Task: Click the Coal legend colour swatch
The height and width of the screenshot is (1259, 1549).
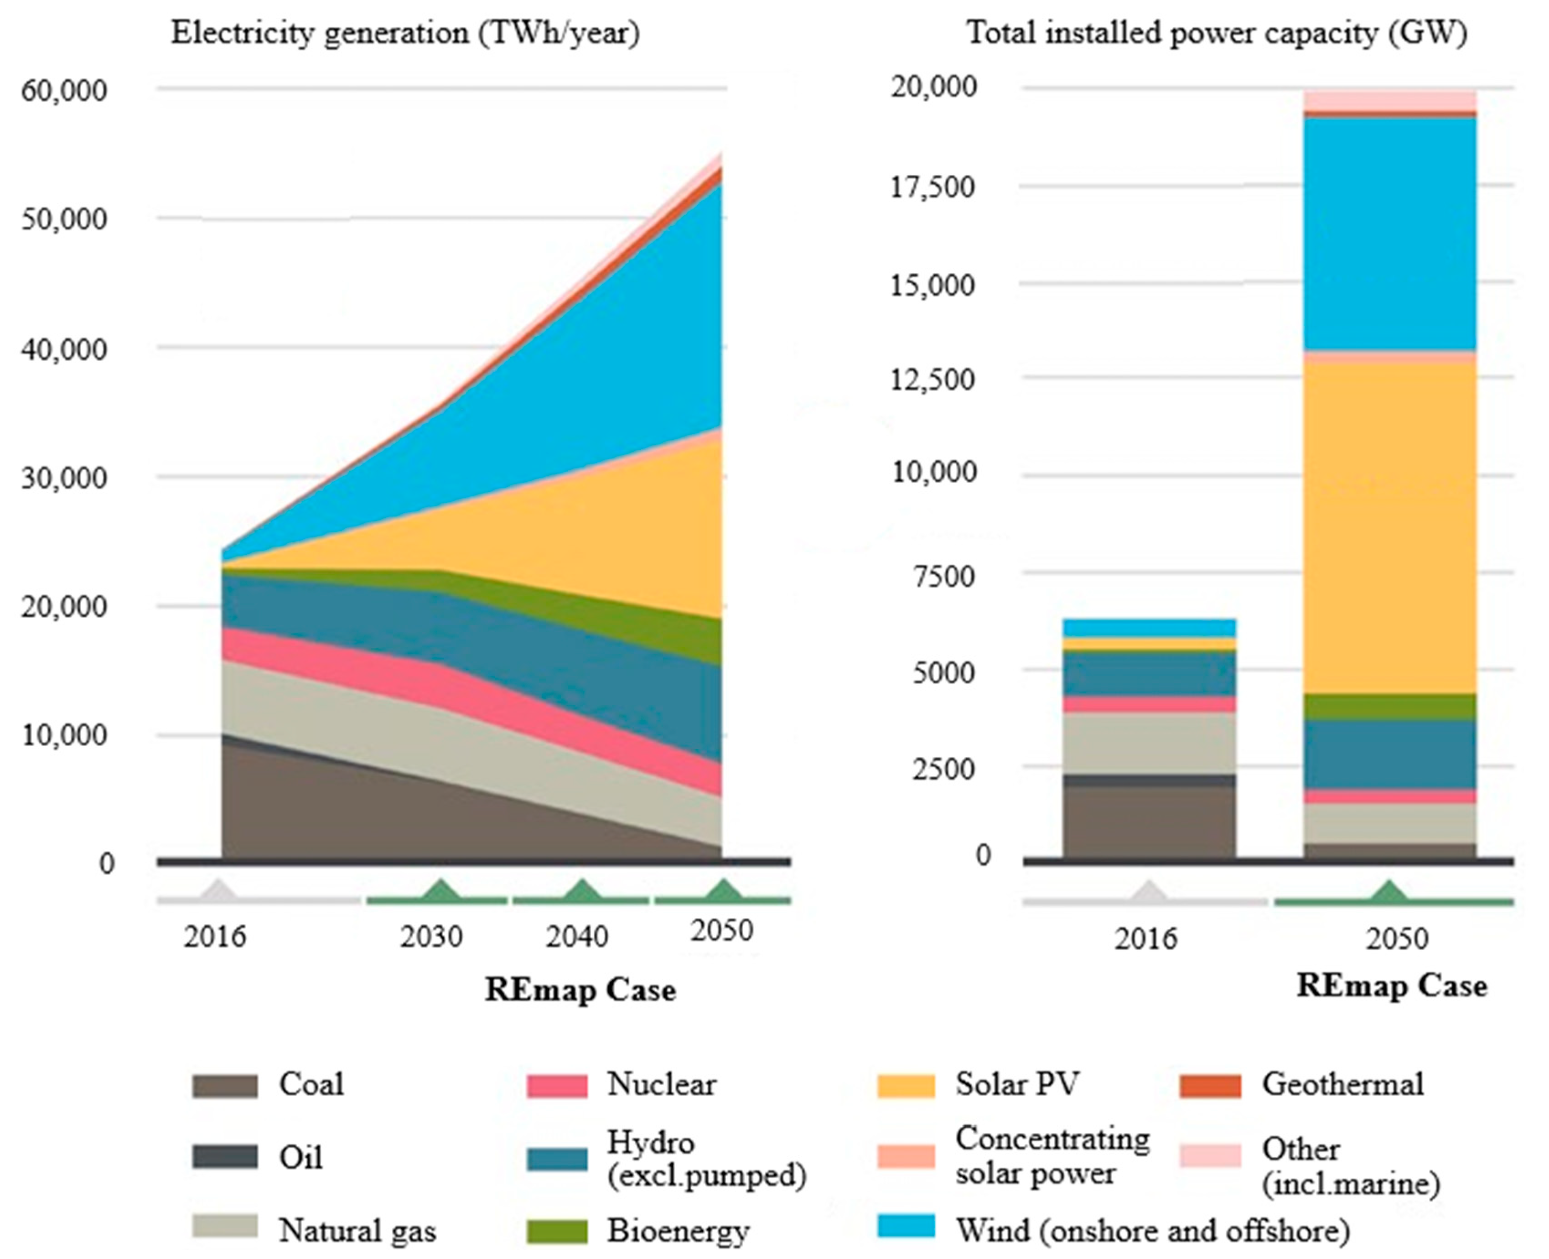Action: click(x=225, y=1086)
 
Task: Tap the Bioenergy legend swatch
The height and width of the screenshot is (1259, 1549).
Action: click(x=557, y=1232)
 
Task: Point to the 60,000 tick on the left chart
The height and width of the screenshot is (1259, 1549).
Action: click(x=64, y=91)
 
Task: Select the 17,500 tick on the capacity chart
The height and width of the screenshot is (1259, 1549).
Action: click(x=933, y=187)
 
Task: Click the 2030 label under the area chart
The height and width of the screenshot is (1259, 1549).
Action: click(x=431, y=937)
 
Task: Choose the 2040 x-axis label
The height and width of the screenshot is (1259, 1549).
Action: click(x=576, y=937)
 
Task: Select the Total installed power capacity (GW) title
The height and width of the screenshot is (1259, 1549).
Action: click(x=1218, y=33)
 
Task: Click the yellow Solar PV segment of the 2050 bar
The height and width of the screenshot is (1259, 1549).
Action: click(x=1389, y=530)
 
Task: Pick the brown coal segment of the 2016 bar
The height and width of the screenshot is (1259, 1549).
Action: click(x=1149, y=821)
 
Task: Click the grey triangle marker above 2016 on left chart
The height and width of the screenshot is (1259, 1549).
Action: click(x=217, y=890)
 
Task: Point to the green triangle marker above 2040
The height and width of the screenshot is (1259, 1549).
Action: click(x=580, y=890)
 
